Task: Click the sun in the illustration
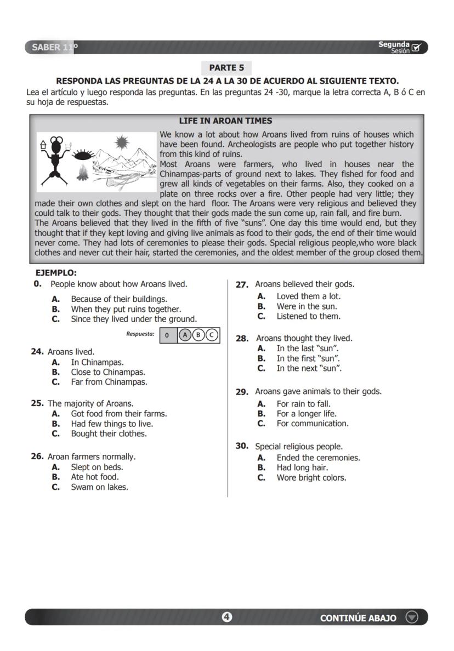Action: [122, 144]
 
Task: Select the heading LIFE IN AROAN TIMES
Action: [225, 121]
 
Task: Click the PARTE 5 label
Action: [226, 68]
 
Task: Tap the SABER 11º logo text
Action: [54, 48]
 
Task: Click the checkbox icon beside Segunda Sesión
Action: [416, 48]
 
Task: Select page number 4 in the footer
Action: [226, 617]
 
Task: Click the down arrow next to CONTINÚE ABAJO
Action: [411, 617]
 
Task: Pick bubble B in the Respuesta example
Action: [198, 335]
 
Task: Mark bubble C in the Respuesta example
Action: [211, 335]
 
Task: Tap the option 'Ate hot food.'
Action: [94, 477]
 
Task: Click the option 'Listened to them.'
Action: [308, 316]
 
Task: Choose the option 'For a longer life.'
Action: [307, 414]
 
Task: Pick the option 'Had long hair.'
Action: [302, 467]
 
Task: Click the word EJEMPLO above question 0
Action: [56, 273]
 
